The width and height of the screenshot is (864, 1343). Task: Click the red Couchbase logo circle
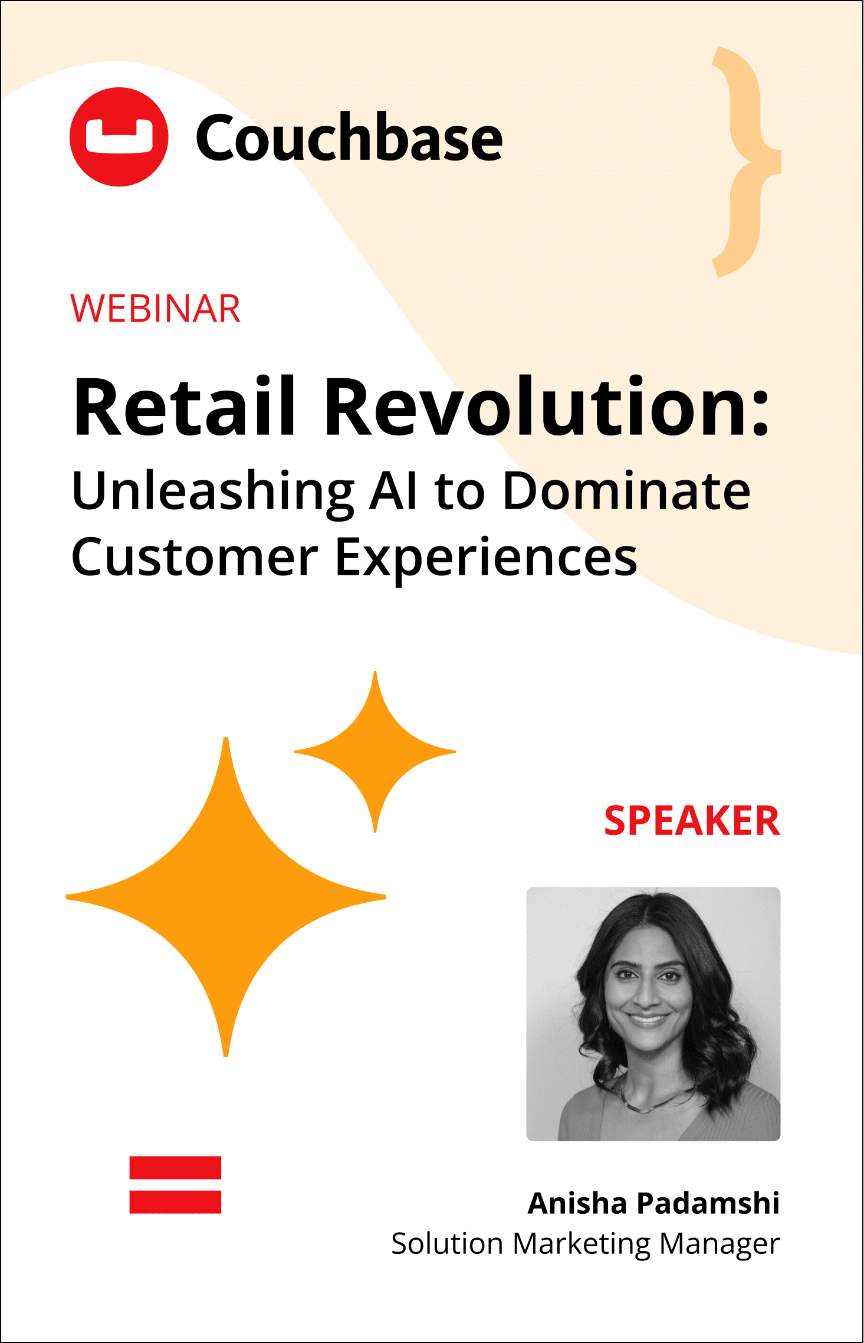[119, 137]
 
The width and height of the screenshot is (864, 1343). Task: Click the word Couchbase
[349, 137]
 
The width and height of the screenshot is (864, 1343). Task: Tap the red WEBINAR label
[156, 309]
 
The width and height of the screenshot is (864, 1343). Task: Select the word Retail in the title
[184, 407]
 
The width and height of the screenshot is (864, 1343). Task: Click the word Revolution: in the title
[548, 407]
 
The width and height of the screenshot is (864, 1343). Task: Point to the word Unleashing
[213, 492]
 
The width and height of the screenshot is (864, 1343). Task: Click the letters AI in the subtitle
[394, 491]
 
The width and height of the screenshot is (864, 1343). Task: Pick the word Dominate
[627, 491]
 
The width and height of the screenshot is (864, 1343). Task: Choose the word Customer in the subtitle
[195, 558]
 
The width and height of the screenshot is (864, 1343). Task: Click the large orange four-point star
[226, 897]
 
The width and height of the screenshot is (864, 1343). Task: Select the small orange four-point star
[375, 752]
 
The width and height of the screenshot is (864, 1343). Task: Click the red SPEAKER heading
[692, 821]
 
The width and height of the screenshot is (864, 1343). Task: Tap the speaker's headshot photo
[653, 1014]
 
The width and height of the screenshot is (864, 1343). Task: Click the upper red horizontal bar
[175, 1168]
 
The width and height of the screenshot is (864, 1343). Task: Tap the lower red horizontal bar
[175, 1202]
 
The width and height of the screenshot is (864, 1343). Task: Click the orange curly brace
[746, 161]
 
